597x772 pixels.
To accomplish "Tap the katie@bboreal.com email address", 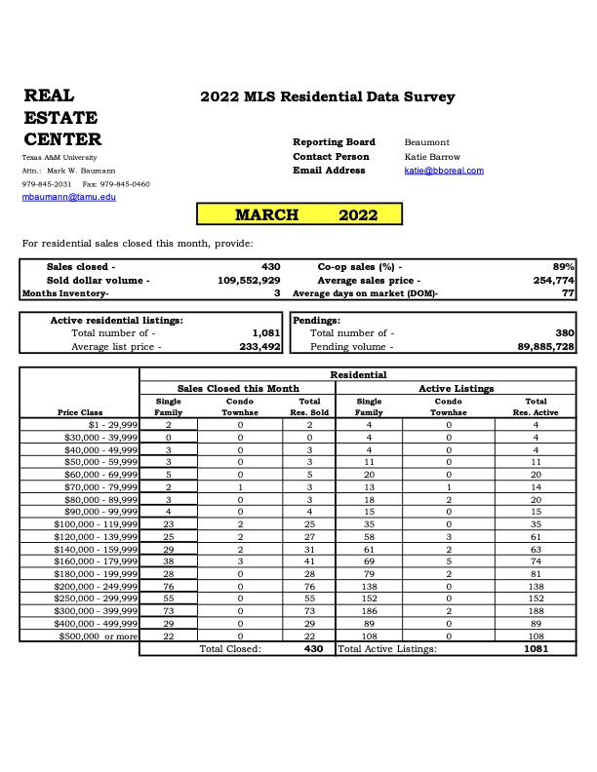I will (444, 171).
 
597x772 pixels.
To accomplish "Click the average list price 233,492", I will (259, 346).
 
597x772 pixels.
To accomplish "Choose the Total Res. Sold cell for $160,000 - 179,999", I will (309, 561).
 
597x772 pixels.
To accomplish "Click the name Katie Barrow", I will (432, 157).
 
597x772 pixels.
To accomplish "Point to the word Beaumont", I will (427, 142).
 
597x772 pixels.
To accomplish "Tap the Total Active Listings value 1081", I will (536, 648).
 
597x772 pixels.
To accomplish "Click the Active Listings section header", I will (456, 388).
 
